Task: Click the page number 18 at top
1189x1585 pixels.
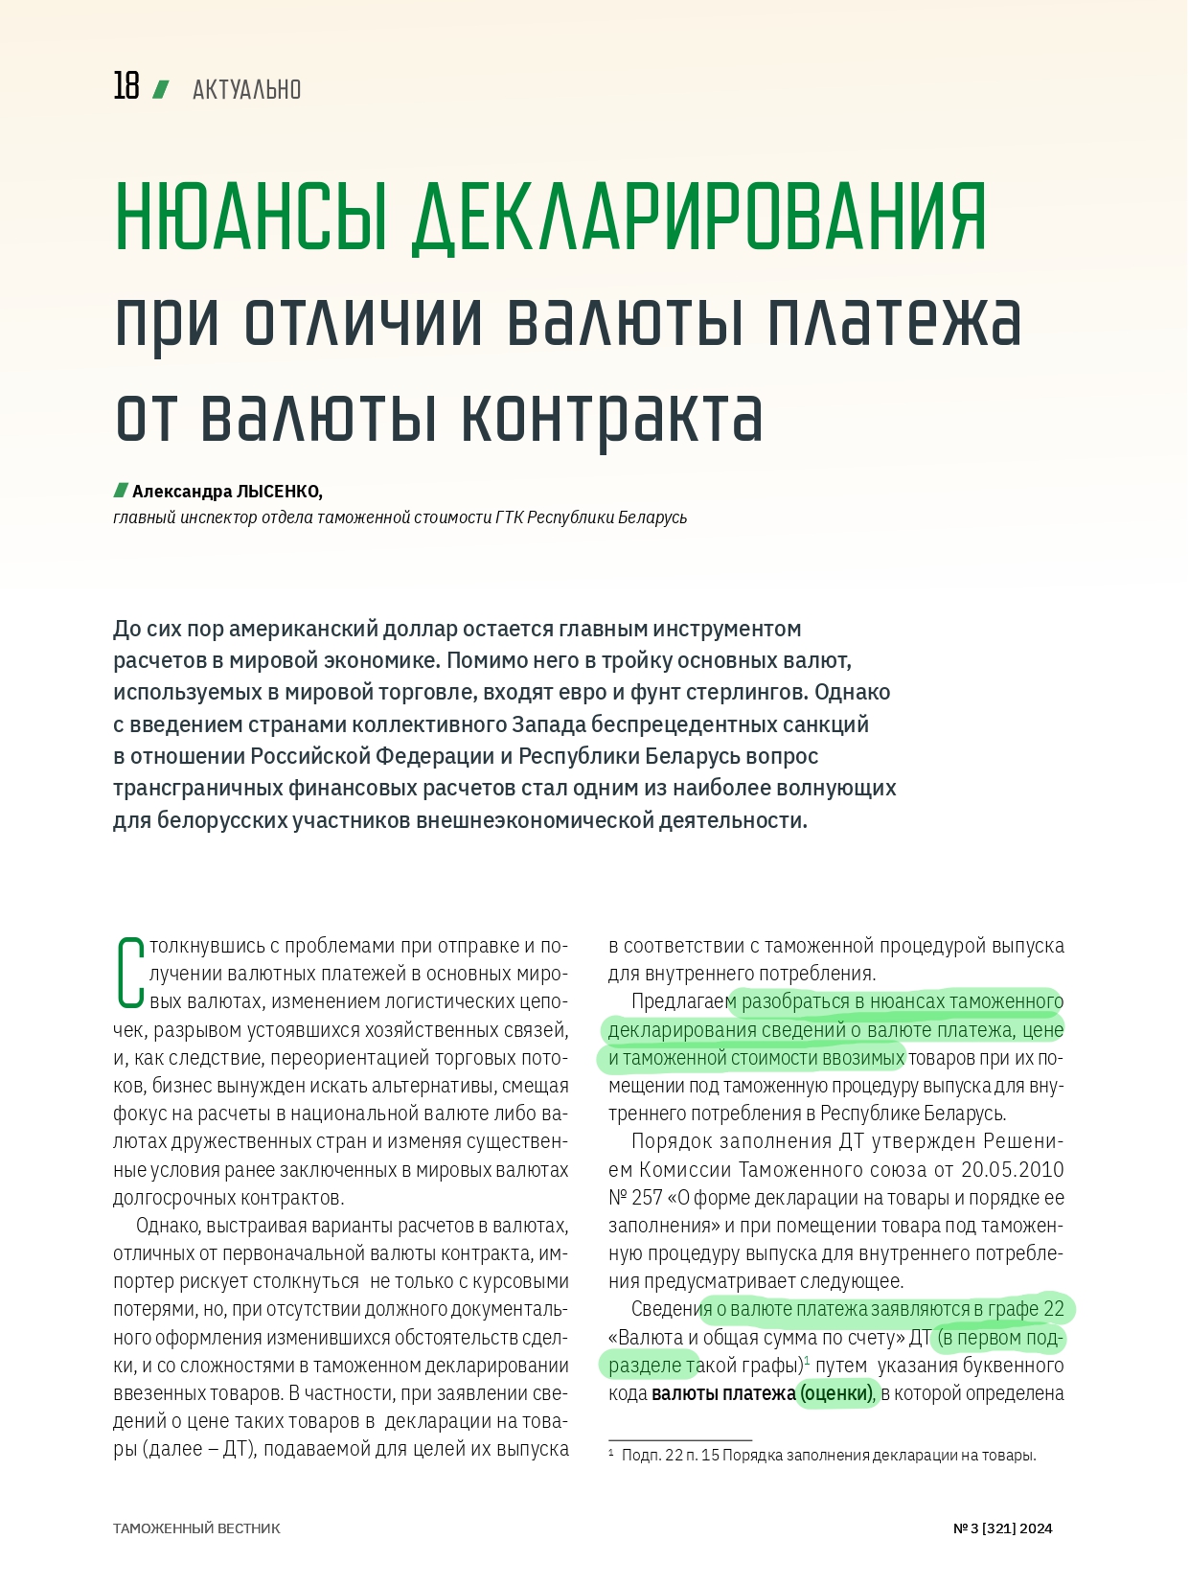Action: [126, 86]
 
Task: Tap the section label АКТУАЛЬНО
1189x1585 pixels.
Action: [246, 90]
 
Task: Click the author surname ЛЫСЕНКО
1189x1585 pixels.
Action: [279, 492]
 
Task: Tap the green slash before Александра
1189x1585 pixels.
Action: [121, 491]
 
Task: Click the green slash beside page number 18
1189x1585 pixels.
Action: [161, 89]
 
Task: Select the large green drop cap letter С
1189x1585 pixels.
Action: [129, 973]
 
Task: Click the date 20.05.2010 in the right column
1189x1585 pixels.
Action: [1013, 1169]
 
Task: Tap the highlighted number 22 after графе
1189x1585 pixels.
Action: [1053, 1309]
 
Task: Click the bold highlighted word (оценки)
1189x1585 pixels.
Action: [836, 1393]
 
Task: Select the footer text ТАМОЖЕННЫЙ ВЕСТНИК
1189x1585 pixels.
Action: [196, 1528]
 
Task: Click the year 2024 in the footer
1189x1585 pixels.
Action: [1036, 1528]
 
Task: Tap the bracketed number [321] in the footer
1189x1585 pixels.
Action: [998, 1528]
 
